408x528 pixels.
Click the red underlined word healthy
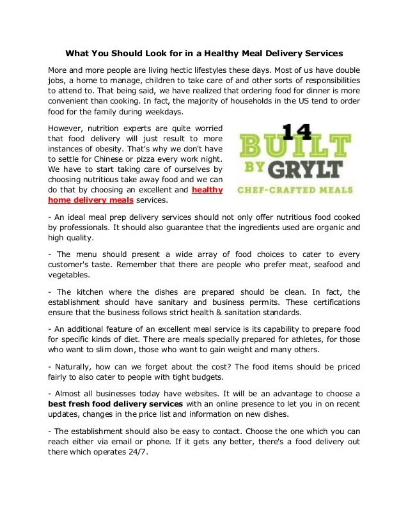click(x=207, y=189)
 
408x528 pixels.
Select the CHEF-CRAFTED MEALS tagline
click(x=296, y=190)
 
